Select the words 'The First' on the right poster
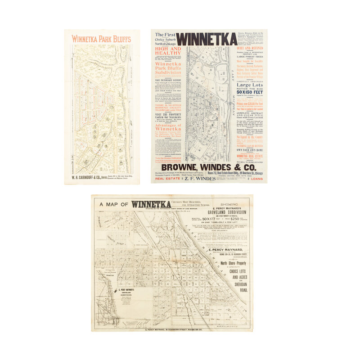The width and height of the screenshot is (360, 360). tap(164, 35)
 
